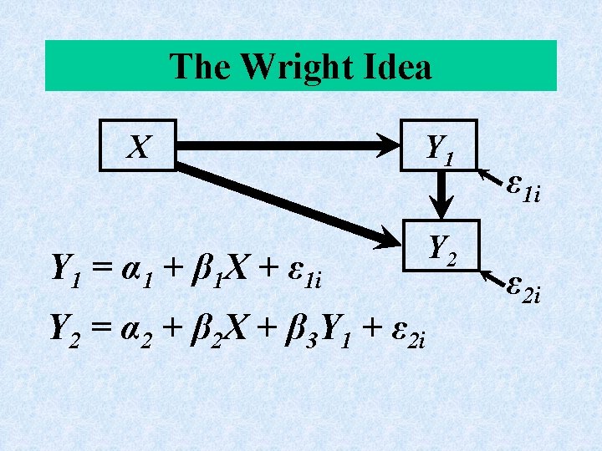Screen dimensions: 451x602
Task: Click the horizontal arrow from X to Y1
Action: (x=288, y=145)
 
